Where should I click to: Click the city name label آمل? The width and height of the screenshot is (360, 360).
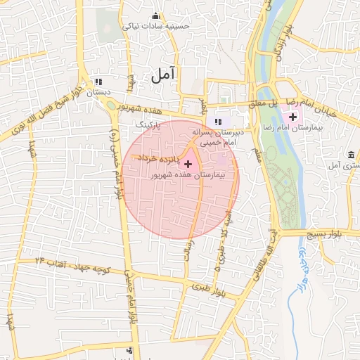[162, 73]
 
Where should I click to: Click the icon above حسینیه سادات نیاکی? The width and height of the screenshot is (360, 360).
[155, 16]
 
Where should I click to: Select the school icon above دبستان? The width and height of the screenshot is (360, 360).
[98, 82]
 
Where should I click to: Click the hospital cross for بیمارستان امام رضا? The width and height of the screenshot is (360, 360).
[292, 116]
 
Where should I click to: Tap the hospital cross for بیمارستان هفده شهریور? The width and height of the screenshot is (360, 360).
[187, 163]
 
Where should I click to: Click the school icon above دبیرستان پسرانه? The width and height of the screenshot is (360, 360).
[218, 122]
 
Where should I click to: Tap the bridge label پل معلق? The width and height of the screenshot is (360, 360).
[270, 104]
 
